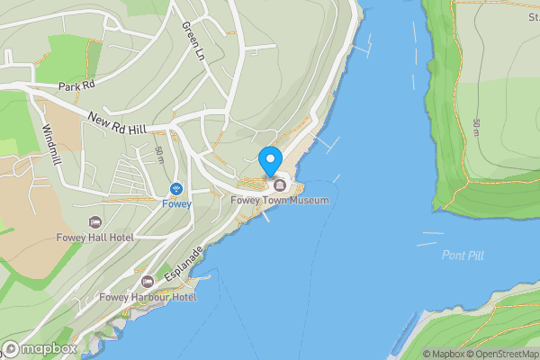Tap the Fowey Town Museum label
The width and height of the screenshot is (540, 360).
pyautogui.click(x=278, y=200)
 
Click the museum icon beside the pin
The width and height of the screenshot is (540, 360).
pyautogui.click(x=279, y=185)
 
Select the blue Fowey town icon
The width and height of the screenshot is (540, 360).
pyautogui.click(x=176, y=189)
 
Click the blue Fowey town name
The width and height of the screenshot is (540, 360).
pyautogui.click(x=176, y=203)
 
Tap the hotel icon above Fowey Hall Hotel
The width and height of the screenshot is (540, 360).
pyautogui.click(x=94, y=221)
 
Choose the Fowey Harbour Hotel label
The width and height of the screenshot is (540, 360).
pyautogui.click(x=148, y=297)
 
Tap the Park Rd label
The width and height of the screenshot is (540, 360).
pyautogui.click(x=76, y=86)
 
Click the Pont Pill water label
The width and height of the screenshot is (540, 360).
pyautogui.click(x=463, y=256)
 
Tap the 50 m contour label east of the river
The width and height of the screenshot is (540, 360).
pyautogui.click(x=475, y=128)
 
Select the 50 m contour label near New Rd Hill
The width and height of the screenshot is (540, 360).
pyautogui.click(x=159, y=155)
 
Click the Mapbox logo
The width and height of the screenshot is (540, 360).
pyautogui.click(x=40, y=349)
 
